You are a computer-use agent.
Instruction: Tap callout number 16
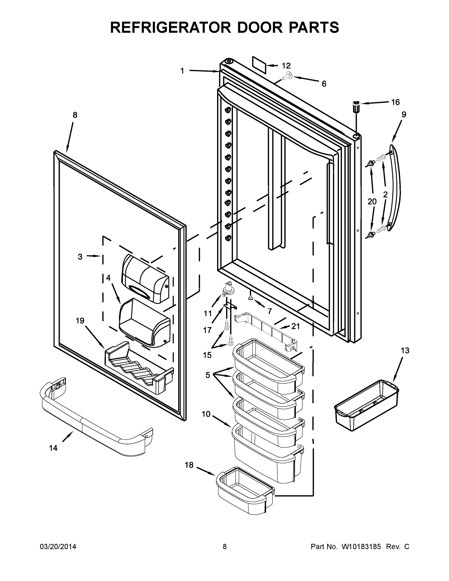(395, 102)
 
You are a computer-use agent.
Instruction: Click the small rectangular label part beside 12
(259, 65)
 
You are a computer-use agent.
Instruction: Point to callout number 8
(75, 115)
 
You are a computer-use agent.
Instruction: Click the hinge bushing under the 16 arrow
(356, 107)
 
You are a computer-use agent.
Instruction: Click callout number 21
(295, 326)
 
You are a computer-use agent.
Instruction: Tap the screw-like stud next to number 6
(287, 77)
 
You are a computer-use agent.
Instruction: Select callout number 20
(372, 202)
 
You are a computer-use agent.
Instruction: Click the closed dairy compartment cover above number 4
(145, 278)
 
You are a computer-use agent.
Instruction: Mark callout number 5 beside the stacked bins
(208, 375)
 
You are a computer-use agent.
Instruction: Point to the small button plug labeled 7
(251, 299)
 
